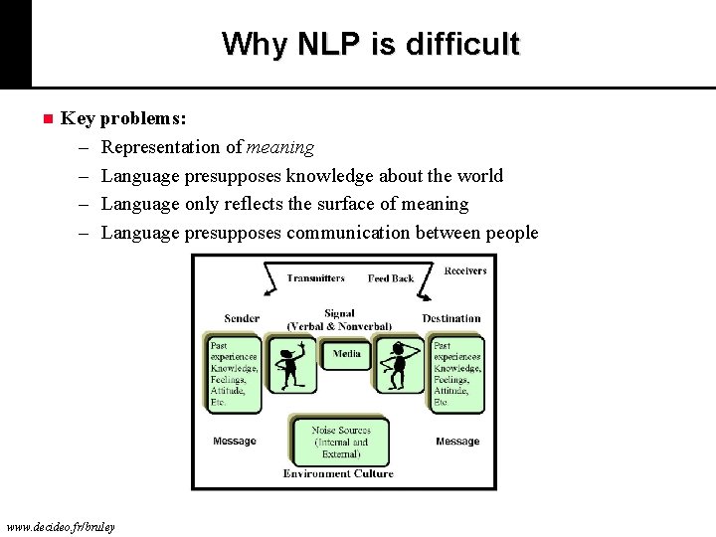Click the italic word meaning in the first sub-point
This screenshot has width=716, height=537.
point(280,147)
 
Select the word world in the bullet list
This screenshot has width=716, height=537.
point(480,176)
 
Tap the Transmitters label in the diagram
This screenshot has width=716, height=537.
point(315,278)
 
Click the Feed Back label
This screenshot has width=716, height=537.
point(390,278)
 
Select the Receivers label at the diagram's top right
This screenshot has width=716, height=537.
point(465,270)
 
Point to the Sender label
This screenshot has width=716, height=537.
point(242,319)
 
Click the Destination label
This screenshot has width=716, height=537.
point(450,319)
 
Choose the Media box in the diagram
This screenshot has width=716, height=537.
point(347,355)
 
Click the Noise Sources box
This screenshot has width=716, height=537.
point(340,442)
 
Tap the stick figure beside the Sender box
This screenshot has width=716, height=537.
point(291,365)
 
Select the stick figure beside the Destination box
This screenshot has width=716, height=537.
point(401,365)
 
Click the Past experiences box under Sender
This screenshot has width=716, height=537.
point(234,374)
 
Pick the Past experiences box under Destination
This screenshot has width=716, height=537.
point(457,374)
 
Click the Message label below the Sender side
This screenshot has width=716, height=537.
point(235,442)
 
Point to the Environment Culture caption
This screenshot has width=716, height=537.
point(338,474)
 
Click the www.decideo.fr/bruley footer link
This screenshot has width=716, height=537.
point(61,526)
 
